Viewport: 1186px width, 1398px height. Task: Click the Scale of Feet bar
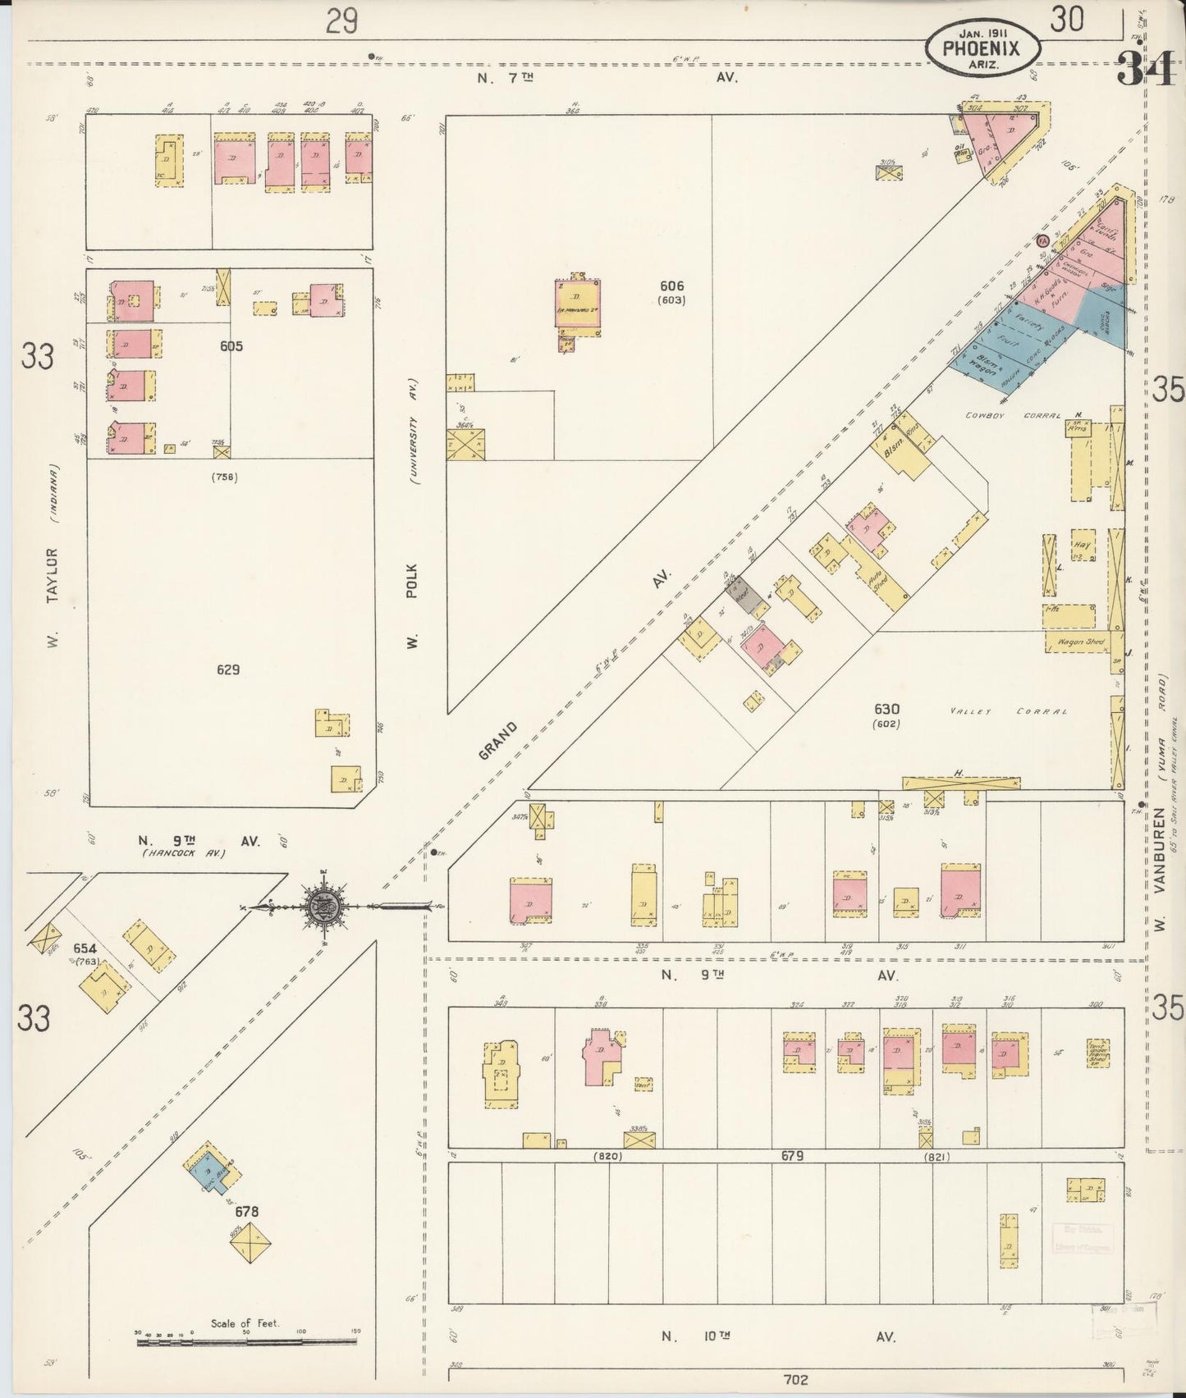[246, 1341]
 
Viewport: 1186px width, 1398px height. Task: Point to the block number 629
[228, 669]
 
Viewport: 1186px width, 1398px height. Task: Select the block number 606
[671, 286]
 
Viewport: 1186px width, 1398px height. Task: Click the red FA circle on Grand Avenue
[1042, 241]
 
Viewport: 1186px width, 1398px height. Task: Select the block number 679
[792, 1156]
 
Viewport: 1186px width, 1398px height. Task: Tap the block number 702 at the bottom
[795, 1379]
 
